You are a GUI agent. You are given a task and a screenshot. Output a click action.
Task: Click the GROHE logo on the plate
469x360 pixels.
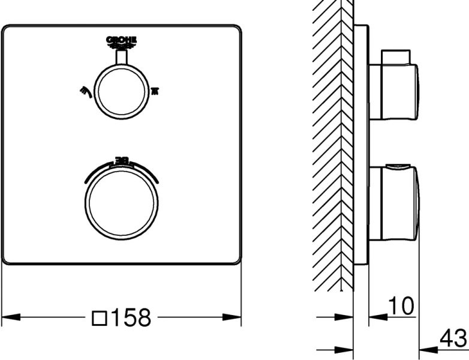point(122,41)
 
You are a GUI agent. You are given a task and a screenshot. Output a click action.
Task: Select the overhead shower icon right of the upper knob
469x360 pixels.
point(155,91)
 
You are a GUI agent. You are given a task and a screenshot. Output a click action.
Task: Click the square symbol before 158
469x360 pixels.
point(99,317)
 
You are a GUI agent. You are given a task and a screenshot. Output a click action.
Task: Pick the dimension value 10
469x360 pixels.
point(400,307)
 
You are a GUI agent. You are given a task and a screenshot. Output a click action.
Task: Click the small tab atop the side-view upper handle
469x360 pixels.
point(396,56)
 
